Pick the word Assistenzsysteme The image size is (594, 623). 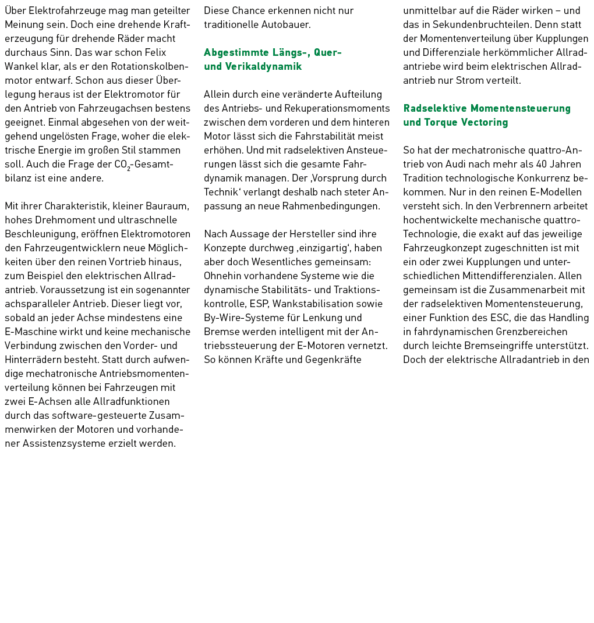60,443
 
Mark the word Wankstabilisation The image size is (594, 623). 317,304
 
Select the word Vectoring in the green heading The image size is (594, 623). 484,122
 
